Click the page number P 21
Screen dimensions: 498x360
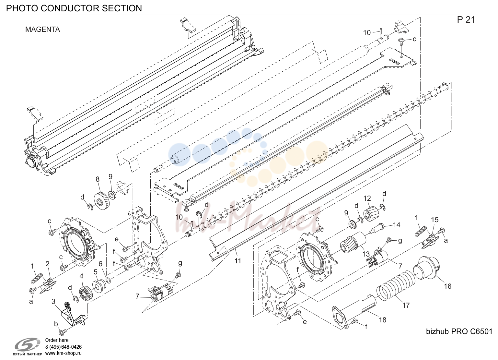466,20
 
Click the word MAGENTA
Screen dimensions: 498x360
42,30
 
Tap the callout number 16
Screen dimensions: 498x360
447,286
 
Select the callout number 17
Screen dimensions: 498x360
406,305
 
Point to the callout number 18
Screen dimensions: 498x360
382,320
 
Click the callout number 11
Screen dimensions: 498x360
238,261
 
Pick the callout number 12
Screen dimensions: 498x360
367,198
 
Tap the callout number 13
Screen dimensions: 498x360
366,254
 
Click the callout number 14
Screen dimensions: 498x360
396,225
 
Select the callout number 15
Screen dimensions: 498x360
435,220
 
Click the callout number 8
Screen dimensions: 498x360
98,179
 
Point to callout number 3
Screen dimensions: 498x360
53,302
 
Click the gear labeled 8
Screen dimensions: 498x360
102,201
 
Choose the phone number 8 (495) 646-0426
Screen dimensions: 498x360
64,347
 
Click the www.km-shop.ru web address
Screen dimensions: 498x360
64,353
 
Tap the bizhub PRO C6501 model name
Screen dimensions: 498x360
459,331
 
